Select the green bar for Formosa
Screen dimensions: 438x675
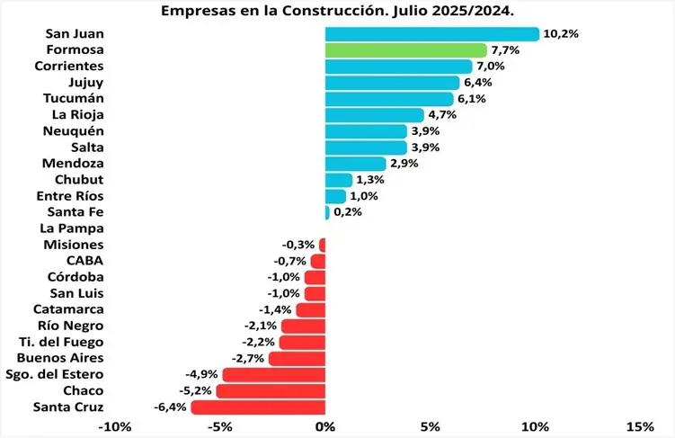tap(406, 50)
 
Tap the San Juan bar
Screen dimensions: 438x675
tap(432, 34)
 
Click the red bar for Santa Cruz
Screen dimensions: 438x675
tap(259, 407)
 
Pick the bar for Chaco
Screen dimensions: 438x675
tap(271, 391)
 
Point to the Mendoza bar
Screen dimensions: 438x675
tap(356, 164)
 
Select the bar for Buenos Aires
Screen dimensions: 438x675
tap(298, 359)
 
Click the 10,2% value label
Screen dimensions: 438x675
tap(561, 34)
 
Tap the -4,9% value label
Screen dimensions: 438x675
tap(200, 375)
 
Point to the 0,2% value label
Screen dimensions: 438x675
tap(348, 213)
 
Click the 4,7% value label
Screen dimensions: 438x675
tap(442, 115)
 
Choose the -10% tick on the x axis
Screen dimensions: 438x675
tap(115, 425)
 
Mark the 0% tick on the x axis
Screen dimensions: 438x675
tap(325, 425)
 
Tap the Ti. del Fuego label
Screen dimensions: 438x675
tap(60, 342)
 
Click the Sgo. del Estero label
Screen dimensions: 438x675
tap(54, 375)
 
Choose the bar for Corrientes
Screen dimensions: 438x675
tap(399, 67)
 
